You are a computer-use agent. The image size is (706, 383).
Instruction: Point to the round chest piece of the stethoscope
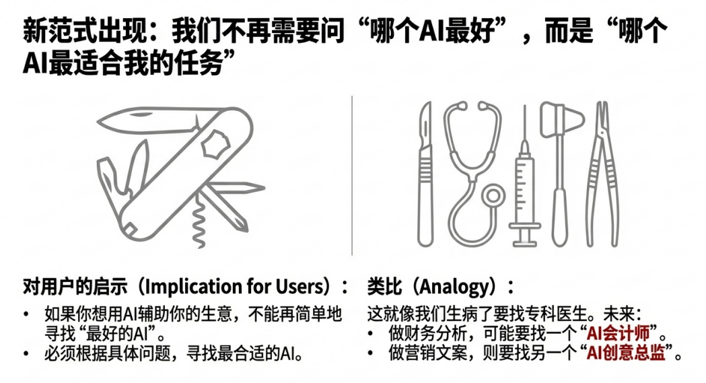(493, 196)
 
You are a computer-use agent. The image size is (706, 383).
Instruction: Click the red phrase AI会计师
(619, 333)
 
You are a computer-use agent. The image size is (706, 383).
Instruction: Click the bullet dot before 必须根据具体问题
(26, 354)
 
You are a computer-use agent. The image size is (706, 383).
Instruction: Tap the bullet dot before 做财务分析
(371, 334)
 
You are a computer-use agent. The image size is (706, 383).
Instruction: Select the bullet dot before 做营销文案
(371, 353)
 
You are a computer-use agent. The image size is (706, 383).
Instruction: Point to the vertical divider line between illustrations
(352, 176)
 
